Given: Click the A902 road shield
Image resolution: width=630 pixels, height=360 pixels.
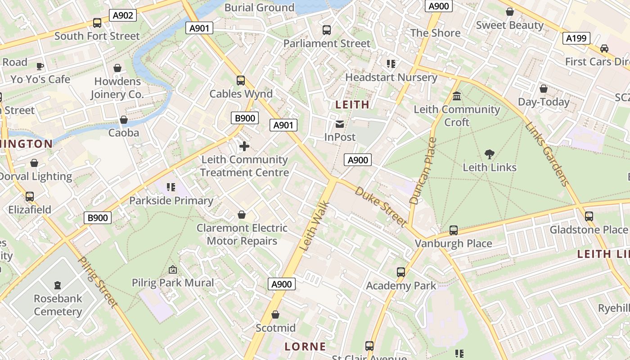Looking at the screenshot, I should (123, 16).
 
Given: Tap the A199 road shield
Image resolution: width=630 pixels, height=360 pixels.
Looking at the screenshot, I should (576, 38).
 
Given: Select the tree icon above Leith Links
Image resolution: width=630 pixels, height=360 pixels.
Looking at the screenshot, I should (489, 154).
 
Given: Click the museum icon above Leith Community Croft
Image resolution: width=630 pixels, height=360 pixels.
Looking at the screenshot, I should (457, 96).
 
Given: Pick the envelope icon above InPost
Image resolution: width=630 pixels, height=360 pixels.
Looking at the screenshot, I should (340, 124).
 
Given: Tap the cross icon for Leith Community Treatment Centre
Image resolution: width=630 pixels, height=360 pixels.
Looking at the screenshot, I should (244, 146).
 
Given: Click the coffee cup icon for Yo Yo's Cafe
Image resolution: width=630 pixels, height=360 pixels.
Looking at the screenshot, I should (40, 67).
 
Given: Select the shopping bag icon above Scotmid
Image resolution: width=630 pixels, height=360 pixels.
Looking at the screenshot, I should (275, 315).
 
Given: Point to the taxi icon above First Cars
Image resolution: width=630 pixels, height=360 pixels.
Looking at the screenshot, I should (604, 49).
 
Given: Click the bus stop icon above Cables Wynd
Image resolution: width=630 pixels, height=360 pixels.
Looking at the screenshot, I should (241, 81).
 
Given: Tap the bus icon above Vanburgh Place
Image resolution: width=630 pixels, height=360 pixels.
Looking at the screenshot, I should (453, 230).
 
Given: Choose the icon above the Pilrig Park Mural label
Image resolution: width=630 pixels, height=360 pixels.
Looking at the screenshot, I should (172, 270).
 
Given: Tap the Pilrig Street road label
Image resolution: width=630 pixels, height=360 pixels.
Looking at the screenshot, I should (98, 282).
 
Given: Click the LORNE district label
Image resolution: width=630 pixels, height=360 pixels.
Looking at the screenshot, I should (305, 346).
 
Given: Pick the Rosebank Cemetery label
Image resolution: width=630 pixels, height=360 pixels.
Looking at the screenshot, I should (58, 305).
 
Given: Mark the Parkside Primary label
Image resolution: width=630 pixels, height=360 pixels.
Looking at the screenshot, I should (171, 201).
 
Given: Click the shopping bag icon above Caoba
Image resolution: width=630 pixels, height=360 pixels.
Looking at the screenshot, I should (123, 120).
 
